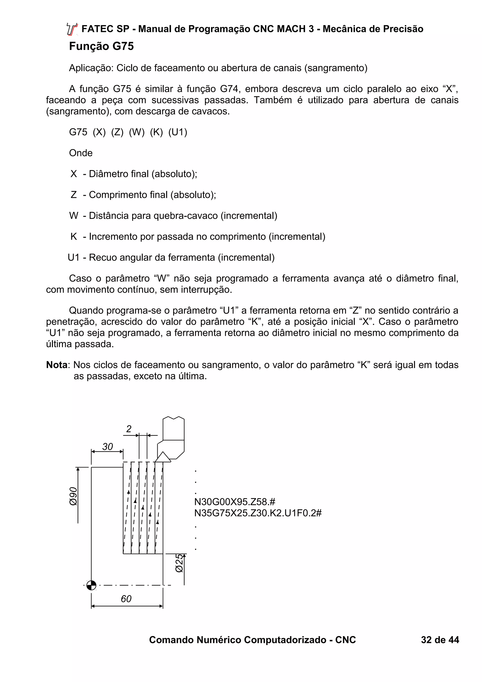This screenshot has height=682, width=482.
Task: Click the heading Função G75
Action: click(x=101, y=46)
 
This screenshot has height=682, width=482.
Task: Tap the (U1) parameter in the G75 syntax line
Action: click(x=178, y=132)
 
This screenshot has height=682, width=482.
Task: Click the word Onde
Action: click(x=80, y=153)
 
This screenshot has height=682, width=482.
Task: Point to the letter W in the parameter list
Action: click(x=73, y=216)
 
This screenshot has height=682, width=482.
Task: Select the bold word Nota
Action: click(x=57, y=365)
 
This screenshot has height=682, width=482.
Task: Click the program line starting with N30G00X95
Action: click(x=235, y=502)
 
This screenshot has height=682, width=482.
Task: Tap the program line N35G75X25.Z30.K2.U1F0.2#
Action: click(x=258, y=513)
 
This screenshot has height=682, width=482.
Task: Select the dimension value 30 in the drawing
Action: click(x=108, y=447)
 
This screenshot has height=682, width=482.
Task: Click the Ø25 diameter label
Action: click(x=179, y=563)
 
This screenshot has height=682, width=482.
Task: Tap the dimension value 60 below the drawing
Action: click(x=126, y=598)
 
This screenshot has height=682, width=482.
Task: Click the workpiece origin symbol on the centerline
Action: click(x=91, y=585)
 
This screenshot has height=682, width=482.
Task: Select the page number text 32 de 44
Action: click(x=440, y=640)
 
